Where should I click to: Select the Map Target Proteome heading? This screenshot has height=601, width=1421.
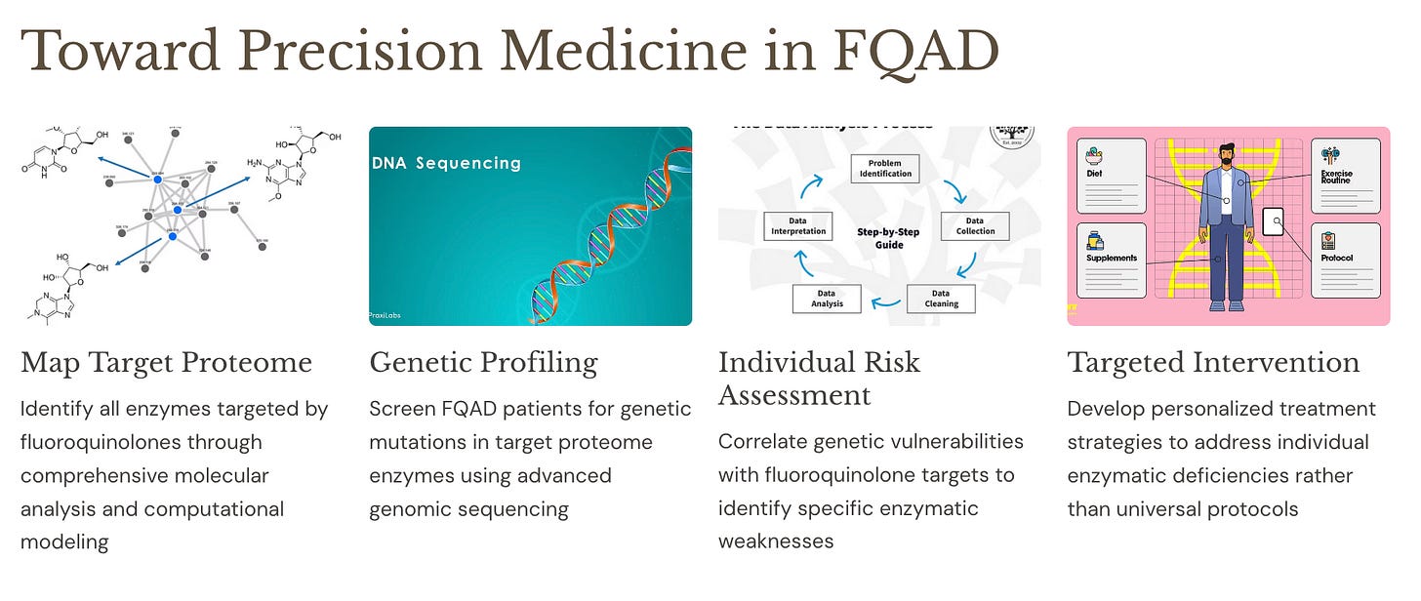[x=166, y=362]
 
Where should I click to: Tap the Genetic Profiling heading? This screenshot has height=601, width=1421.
[x=483, y=362]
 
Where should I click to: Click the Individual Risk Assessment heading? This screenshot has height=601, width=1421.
[x=819, y=379]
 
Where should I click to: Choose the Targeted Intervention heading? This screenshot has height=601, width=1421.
[x=1213, y=362]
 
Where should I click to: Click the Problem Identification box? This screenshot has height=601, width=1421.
[x=886, y=168]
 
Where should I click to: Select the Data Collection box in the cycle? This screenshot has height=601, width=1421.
[x=974, y=226]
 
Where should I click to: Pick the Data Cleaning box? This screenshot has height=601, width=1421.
[x=940, y=299]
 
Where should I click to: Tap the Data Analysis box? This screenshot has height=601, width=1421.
[x=826, y=299]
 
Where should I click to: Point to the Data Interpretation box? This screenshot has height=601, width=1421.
[x=797, y=226]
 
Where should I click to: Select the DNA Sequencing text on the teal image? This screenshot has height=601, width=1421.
[x=446, y=163]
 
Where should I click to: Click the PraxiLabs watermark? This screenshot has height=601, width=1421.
[x=386, y=315]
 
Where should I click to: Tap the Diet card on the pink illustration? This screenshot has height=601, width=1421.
[x=1112, y=176]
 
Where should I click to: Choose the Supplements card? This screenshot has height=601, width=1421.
[x=1112, y=260]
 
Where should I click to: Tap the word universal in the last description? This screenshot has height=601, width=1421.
[x=1148, y=508]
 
